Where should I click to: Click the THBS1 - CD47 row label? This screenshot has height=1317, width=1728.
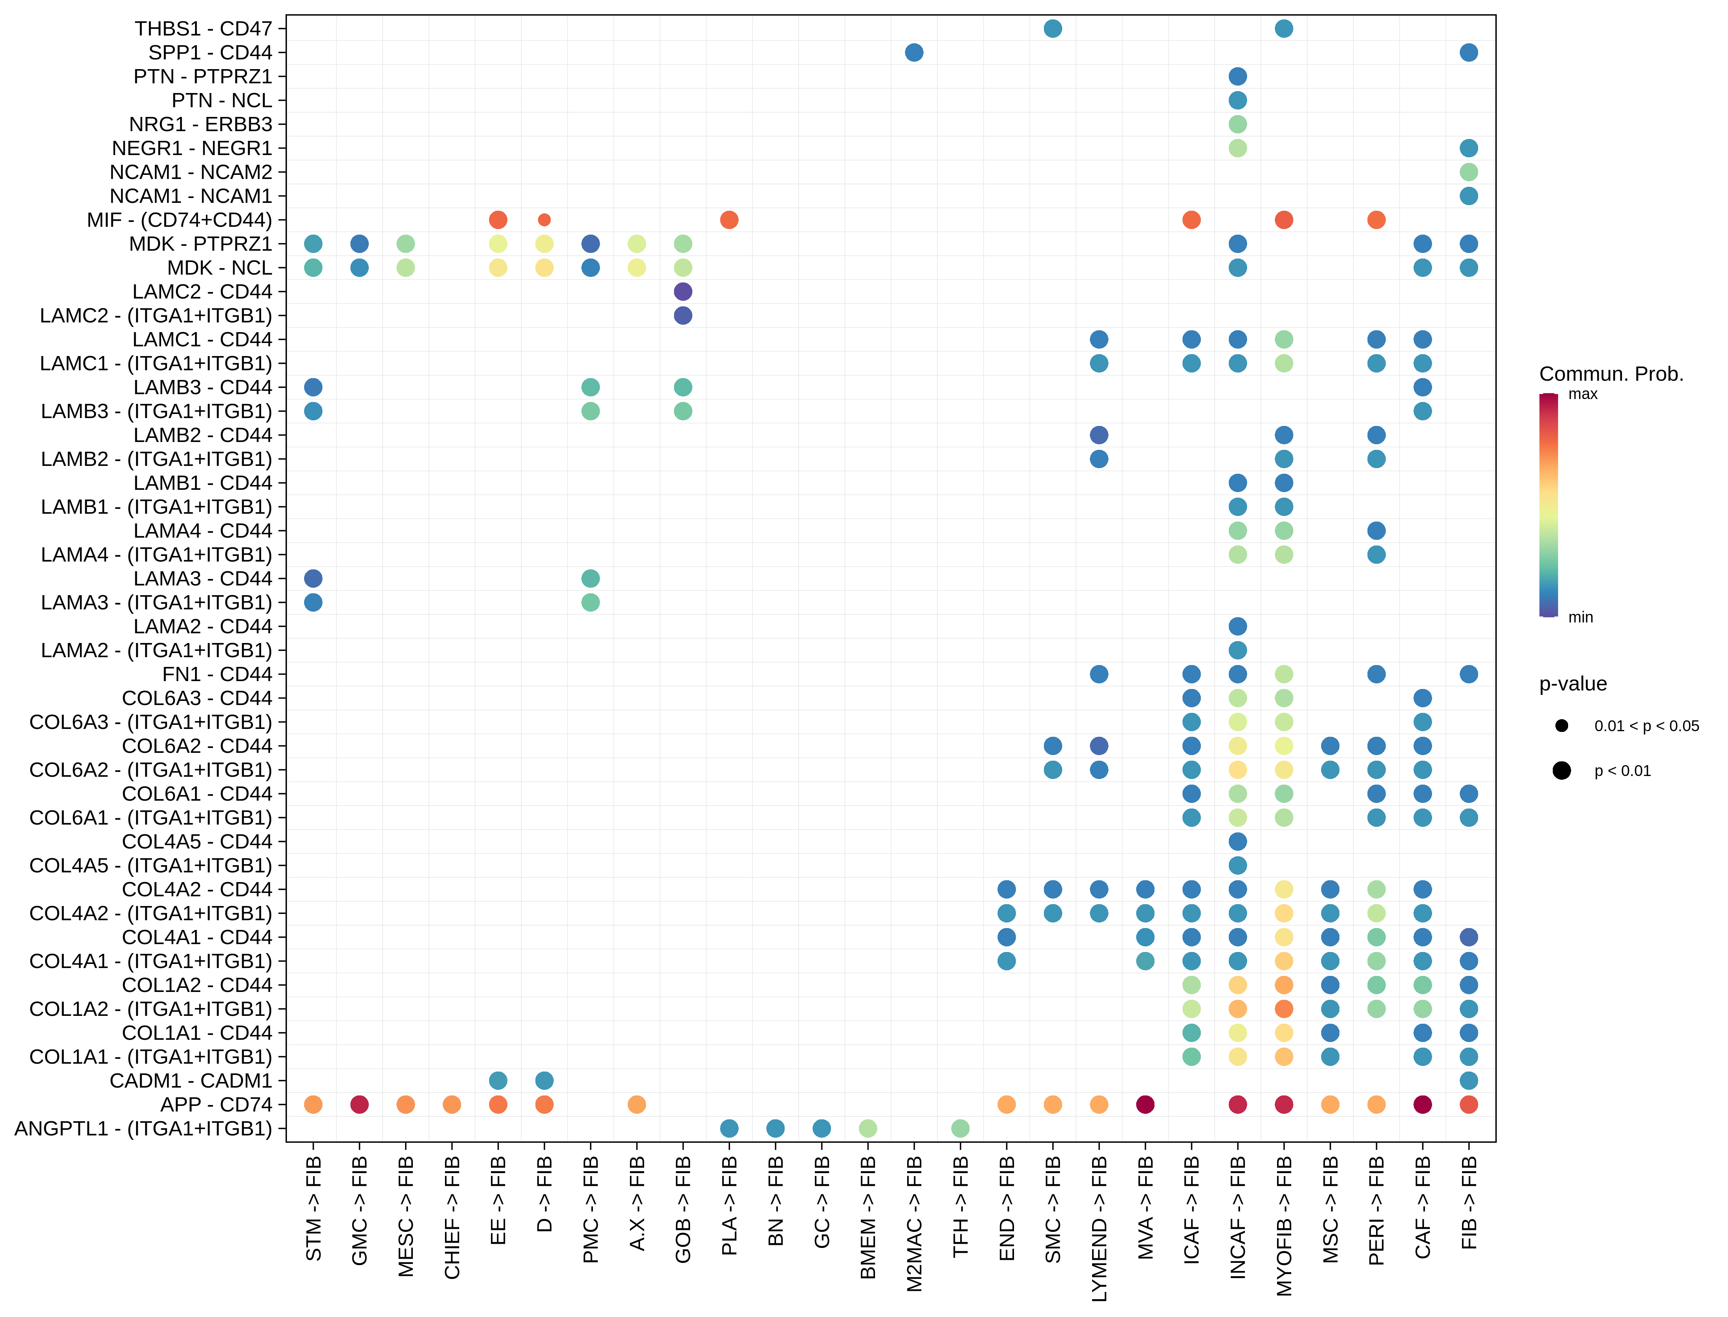tap(203, 29)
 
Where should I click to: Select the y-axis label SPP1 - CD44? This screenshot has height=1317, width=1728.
tap(210, 53)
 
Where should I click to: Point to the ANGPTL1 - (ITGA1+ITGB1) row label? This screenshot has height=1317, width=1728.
tap(143, 1129)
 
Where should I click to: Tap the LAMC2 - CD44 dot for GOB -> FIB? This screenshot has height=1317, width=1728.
tap(683, 292)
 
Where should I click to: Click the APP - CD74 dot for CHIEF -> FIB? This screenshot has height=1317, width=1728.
tap(452, 1104)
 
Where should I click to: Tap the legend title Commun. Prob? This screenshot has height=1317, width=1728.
tap(1611, 374)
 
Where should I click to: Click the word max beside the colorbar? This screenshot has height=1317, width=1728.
tap(1582, 394)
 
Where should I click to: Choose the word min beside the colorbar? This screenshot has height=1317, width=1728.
tap(1580, 618)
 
